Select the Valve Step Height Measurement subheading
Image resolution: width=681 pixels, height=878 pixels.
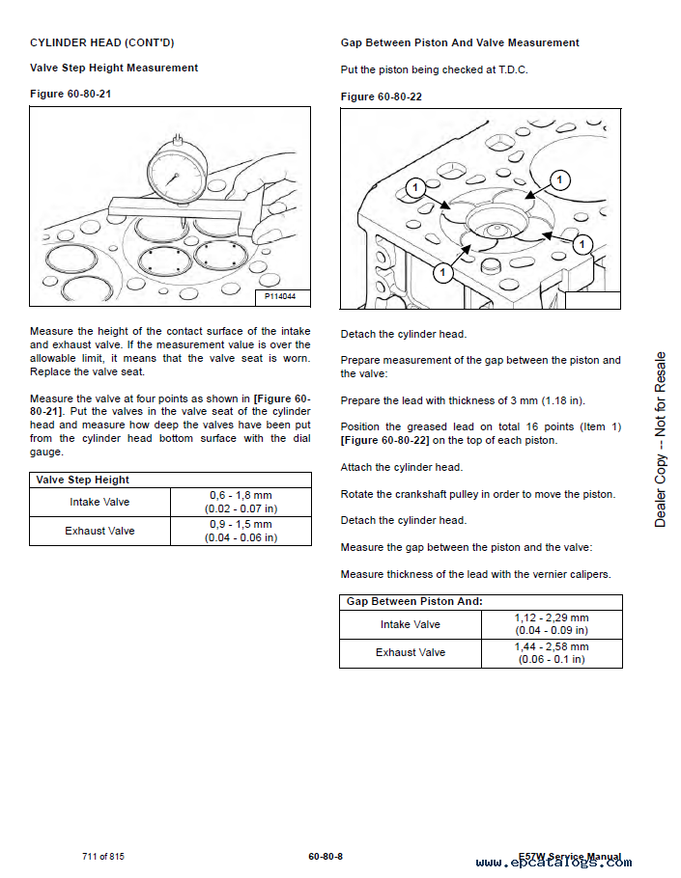[x=114, y=68]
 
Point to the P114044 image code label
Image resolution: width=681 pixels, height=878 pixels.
[x=281, y=297]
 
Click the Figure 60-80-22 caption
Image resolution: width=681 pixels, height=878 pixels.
[x=382, y=96]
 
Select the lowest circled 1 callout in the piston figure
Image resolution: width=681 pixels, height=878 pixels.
[x=442, y=273]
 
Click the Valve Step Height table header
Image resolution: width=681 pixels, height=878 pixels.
[x=82, y=480]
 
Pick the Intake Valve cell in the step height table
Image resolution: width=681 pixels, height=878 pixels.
[x=99, y=503]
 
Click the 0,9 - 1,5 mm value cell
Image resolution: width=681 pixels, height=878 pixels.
[x=241, y=531]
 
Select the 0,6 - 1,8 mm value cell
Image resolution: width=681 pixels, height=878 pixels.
[x=241, y=502]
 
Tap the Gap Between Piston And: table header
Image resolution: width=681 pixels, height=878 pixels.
[x=414, y=601]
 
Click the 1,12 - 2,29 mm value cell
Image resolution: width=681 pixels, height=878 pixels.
[x=551, y=624]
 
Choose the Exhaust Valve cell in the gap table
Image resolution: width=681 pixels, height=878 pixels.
[x=411, y=653]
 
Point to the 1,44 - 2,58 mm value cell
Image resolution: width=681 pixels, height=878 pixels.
[x=551, y=653]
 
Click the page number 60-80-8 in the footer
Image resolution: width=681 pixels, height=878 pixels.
[x=326, y=857]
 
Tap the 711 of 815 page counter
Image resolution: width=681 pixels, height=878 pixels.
[x=103, y=857]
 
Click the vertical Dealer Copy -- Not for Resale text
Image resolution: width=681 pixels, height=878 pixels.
[x=661, y=440]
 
